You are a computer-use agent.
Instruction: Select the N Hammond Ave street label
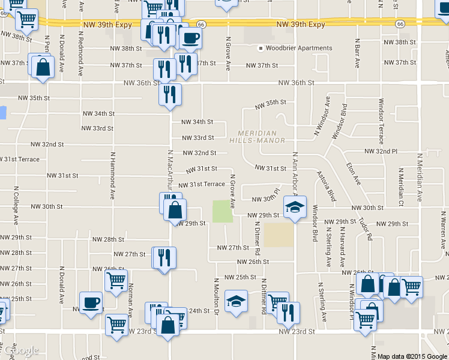(112, 174)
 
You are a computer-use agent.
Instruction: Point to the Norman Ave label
(130, 299)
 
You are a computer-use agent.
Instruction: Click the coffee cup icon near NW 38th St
(190, 38)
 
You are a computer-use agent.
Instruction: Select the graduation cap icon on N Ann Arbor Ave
(295, 207)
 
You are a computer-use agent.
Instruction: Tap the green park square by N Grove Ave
(223, 211)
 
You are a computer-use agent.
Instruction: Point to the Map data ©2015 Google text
(412, 356)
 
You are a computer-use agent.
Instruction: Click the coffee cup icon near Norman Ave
(91, 302)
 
